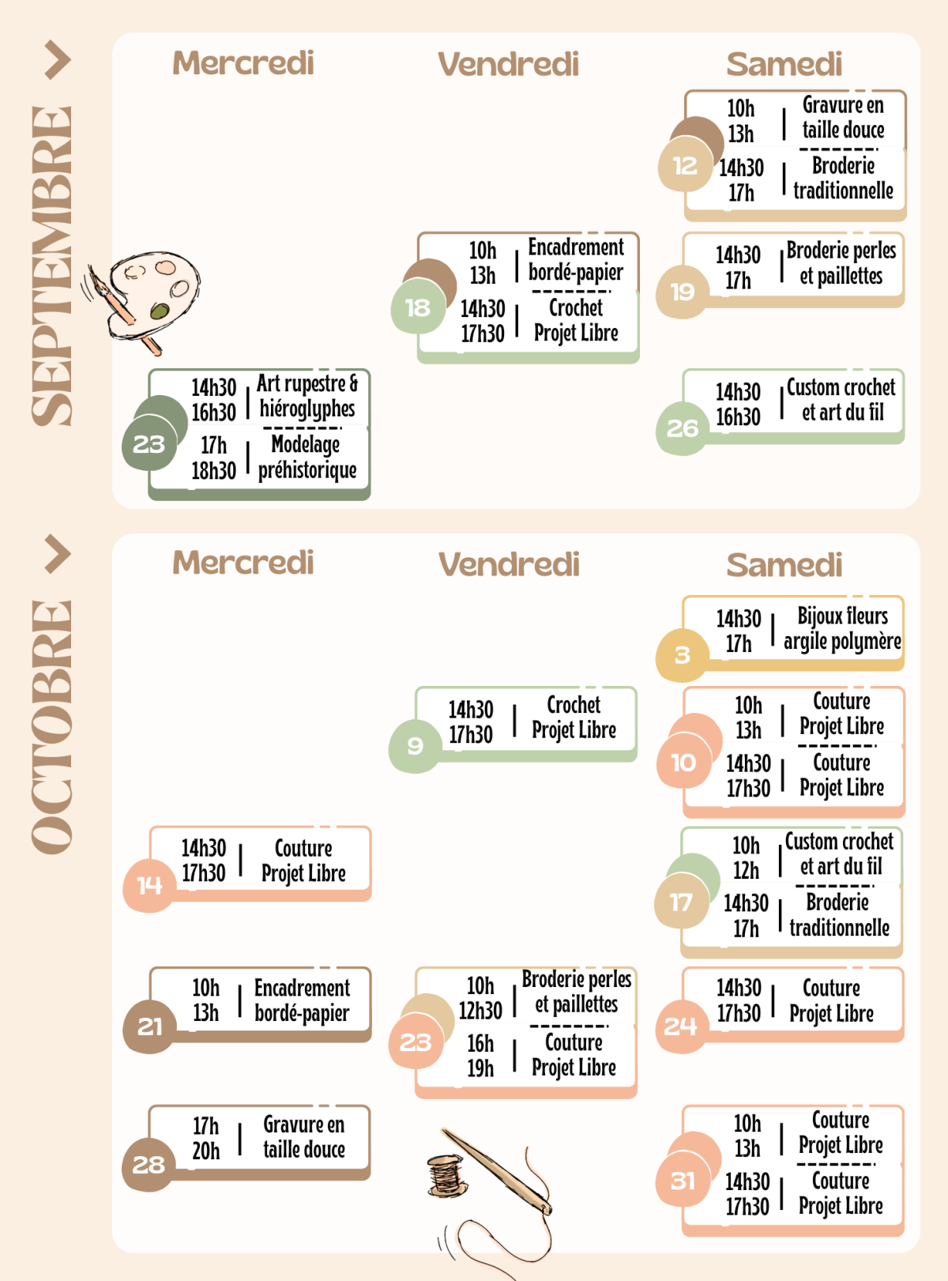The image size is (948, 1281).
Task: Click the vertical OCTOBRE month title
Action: click(x=52, y=726)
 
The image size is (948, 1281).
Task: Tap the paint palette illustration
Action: click(x=145, y=300)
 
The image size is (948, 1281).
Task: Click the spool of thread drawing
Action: click(x=446, y=1175)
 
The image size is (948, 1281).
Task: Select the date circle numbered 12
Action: click(x=685, y=166)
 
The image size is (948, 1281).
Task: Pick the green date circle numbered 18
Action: click(x=418, y=307)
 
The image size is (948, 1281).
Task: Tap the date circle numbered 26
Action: click(x=683, y=428)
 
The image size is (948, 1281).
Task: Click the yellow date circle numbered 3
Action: click(x=683, y=655)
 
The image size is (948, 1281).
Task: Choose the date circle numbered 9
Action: click(x=415, y=746)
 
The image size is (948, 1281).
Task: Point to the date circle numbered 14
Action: click(x=149, y=885)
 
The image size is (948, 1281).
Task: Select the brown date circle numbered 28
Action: click(x=149, y=1164)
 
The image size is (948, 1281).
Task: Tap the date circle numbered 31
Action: click(x=683, y=1181)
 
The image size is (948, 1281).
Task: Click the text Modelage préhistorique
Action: click(x=307, y=457)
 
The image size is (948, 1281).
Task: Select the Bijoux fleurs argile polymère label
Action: click(x=842, y=628)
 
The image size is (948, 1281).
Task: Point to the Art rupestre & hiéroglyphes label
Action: click(x=307, y=396)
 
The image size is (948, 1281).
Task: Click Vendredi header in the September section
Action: click(x=508, y=63)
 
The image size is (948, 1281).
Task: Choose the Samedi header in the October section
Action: click(x=784, y=564)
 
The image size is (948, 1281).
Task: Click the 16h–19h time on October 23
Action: click(x=480, y=1056)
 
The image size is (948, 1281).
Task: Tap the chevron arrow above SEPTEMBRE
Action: click(x=58, y=60)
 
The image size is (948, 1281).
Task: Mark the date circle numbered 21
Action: click(x=149, y=1027)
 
